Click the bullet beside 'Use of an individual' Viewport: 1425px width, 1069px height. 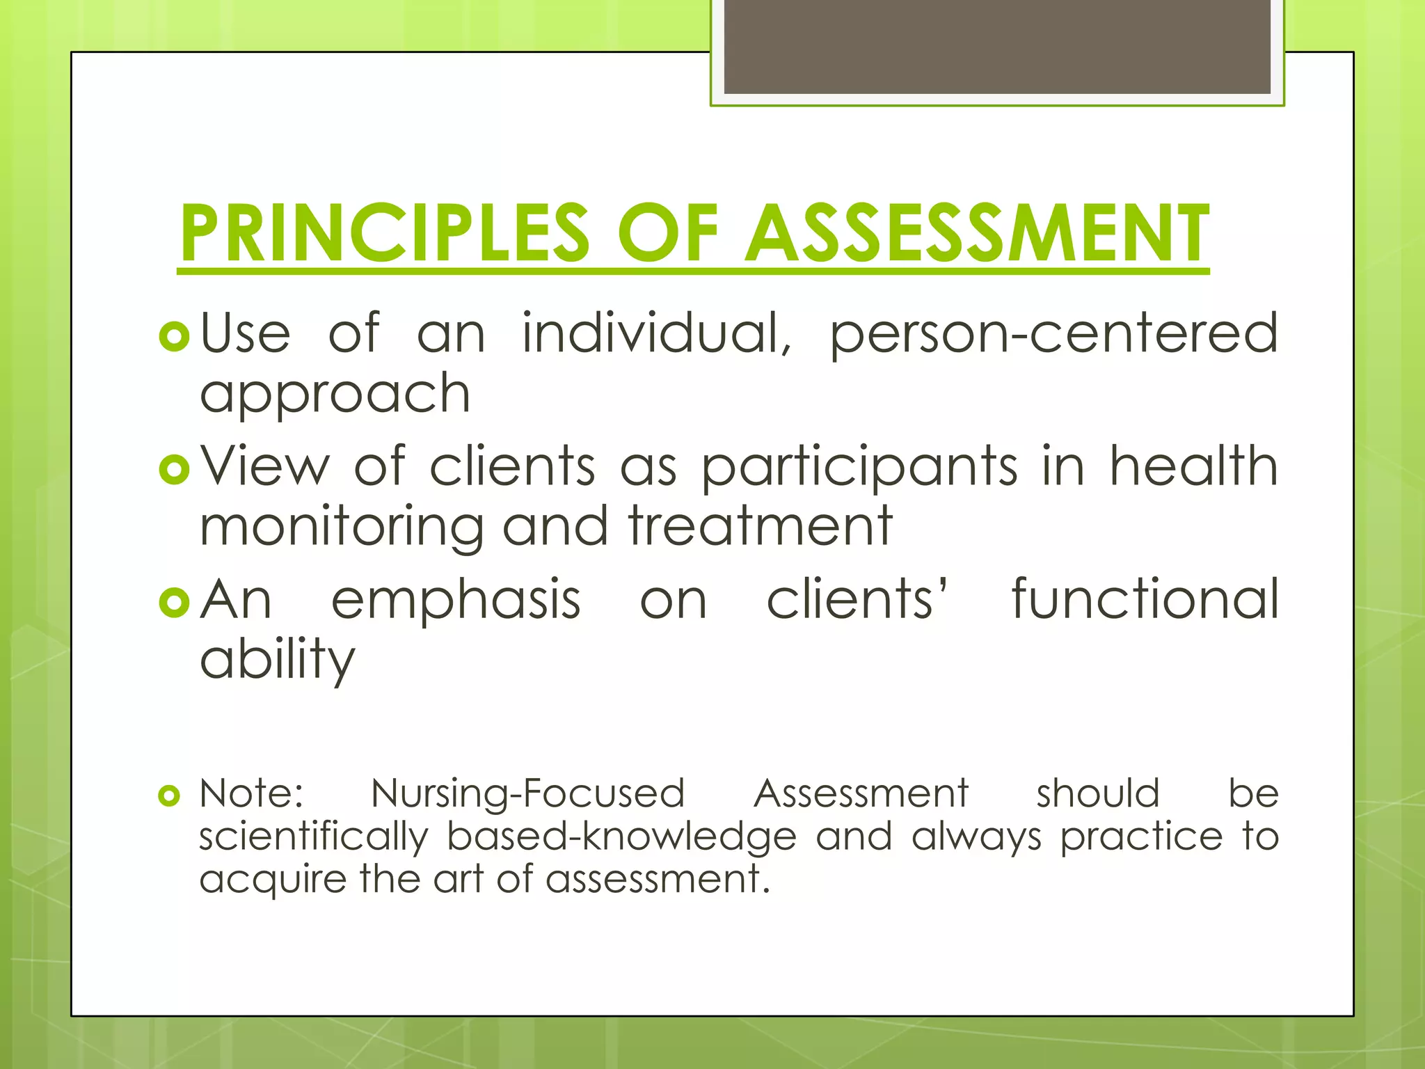(x=174, y=337)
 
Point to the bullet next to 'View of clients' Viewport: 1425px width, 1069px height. (x=174, y=469)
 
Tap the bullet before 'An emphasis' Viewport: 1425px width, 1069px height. (x=174, y=602)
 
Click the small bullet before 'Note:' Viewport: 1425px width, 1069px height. (x=169, y=795)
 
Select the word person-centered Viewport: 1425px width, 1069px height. (x=1053, y=334)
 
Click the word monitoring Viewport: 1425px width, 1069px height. (x=342, y=528)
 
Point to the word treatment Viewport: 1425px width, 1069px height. (x=761, y=526)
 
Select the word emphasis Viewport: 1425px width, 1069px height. (x=456, y=600)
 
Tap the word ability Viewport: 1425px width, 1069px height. (x=278, y=660)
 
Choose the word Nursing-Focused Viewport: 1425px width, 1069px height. (x=528, y=794)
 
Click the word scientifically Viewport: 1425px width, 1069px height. (x=314, y=837)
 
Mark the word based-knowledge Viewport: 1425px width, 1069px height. (x=621, y=837)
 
